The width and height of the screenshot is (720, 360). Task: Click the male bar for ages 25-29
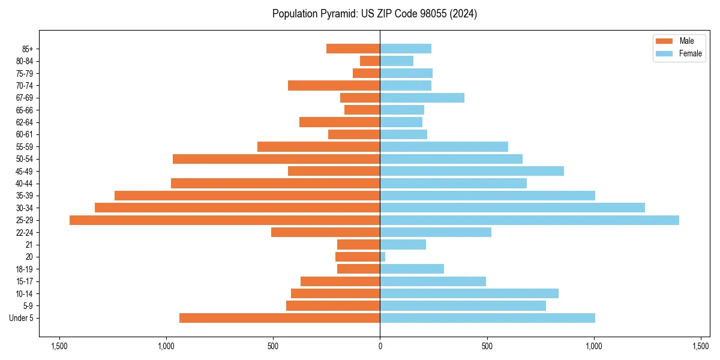[x=224, y=220]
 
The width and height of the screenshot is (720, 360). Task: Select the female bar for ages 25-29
[x=529, y=220]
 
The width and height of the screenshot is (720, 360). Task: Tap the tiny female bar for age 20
[x=382, y=257]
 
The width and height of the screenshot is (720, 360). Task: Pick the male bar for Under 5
[x=280, y=318]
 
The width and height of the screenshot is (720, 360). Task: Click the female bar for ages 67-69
[x=422, y=98]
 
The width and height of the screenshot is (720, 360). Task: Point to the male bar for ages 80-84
[x=370, y=61]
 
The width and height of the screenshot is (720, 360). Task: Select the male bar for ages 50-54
[x=276, y=159]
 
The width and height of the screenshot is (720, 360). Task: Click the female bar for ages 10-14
[x=469, y=293]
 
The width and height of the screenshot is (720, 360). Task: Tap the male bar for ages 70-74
[x=334, y=86]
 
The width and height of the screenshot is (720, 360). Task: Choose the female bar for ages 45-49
[x=472, y=171]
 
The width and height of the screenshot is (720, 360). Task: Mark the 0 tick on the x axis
[x=380, y=346]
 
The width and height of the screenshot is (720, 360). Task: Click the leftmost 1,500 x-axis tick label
[x=59, y=346]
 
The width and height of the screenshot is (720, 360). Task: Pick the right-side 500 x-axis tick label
[x=487, y=346]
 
